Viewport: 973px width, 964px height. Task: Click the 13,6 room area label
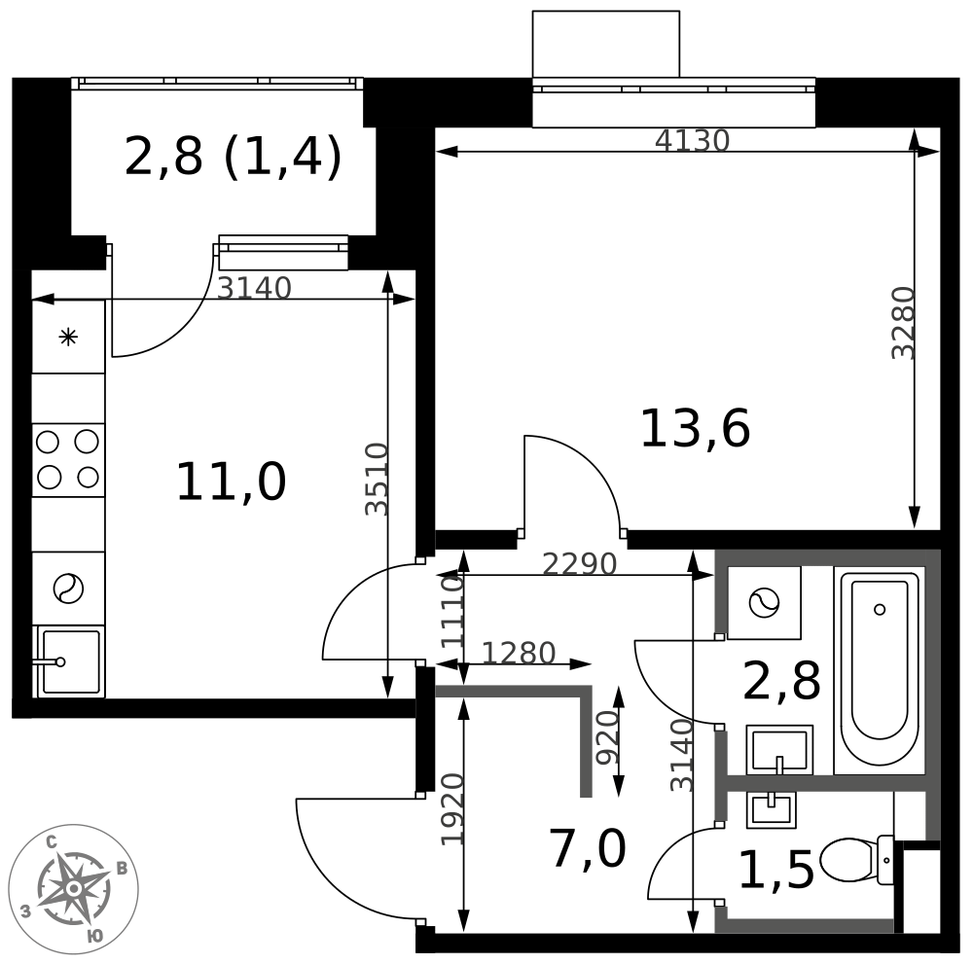[x=695, y=429]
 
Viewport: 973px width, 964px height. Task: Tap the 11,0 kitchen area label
[x=232, y=482]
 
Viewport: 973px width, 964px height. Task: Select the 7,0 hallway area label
[x=587, y=850]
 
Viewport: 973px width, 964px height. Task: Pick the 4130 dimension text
[x=692, y=141]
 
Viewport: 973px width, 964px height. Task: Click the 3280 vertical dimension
[x=903, y=323]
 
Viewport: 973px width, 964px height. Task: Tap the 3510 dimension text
[x=377, y=479]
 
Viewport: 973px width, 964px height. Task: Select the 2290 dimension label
[x=580, y=564]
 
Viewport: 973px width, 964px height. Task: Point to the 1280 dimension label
[x=519, y=654]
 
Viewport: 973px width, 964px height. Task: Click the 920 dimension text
[x=607, y=737]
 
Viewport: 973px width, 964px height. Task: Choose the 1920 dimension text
[x=452, y=809]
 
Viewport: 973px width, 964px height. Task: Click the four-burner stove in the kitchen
[x=68, y=460]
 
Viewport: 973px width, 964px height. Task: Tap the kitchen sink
[x=69, y=661]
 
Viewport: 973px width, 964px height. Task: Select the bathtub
[x=880, y=670]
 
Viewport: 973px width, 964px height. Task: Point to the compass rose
[x=74, y=889]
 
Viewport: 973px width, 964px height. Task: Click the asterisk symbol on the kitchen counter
[x=68, y=339]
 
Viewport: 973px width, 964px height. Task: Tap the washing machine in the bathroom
[x=764, y=602]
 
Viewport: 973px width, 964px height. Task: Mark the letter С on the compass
[x=53, y=842]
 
